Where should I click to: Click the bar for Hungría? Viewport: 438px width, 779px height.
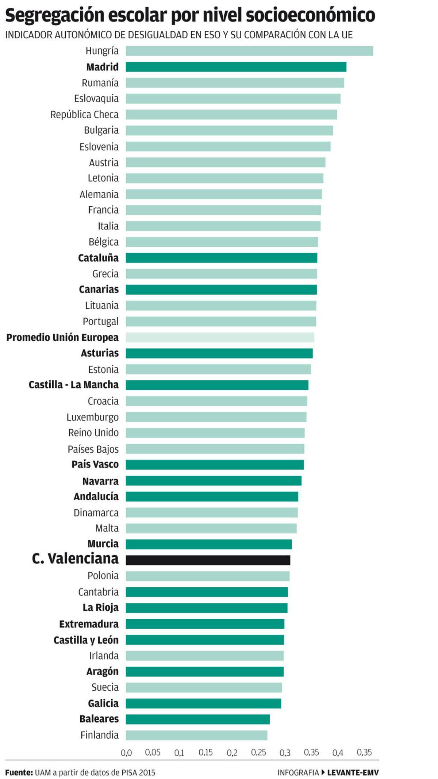click(x=249, y=51)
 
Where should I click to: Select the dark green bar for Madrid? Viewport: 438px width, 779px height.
click(x=236, y=67)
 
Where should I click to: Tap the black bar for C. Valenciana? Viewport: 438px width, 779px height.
click(x=208, y=560)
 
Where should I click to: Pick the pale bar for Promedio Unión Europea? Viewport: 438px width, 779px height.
click(x=220, y=337)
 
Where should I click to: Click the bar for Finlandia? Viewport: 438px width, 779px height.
click(x=196, y=735)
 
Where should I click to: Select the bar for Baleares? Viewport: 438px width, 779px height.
click(x=198, y=719)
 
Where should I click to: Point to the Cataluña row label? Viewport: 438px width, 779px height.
click(x=98, y=258)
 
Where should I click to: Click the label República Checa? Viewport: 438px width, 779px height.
click(x=84, y=115)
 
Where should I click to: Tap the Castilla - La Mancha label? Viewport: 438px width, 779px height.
click(x=73, y=385)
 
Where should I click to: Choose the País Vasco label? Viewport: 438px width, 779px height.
click(x=95, y=464)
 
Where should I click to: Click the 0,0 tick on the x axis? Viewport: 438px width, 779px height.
click(x=126, y=753)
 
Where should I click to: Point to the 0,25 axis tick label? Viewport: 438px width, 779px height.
click(x=258, y=753)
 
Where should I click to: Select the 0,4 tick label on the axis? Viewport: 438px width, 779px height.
click(x=338, y=753)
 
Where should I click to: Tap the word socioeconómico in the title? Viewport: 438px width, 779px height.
click(x=310, y=15)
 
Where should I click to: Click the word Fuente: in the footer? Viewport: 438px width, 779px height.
click(x=19, y=772)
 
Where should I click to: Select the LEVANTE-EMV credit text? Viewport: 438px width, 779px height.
click(x=353, y=772)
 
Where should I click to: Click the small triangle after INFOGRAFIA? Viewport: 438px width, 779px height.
click(x=323, y=772)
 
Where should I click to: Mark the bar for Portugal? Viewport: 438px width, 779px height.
click(x=221, y=321)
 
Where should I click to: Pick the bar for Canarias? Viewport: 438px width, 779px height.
click(x=221, y=289)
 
